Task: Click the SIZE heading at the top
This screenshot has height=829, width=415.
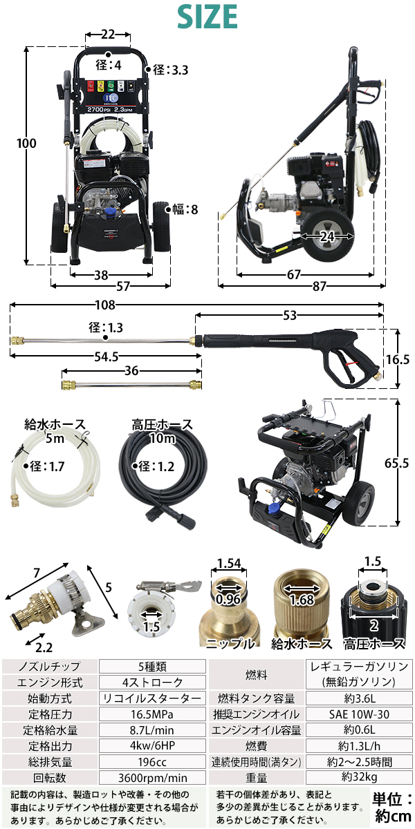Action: click(207, 17)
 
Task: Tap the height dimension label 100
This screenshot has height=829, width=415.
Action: click(26, 144)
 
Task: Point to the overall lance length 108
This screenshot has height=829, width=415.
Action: click(105, 305)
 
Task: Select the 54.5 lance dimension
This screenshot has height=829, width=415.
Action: click(107, 356)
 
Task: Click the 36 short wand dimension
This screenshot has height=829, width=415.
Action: click(131, 371)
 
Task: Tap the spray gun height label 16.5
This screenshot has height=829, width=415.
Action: click(398, 359)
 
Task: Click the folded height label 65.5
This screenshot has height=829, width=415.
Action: click(396, 463)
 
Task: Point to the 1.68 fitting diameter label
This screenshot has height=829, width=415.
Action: click(302, 600)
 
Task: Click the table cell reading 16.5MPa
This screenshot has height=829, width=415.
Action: click(152, 714)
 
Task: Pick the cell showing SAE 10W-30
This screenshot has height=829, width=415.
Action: click(359, 714)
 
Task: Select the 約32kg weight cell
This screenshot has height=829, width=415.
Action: click(359, 778)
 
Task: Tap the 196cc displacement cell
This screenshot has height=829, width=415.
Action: click(152, 762)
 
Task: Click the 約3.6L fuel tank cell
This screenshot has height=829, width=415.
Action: click(359, 698)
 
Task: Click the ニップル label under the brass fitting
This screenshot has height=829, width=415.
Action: click(230, 644)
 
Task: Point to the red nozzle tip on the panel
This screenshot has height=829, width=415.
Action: click(91, 86)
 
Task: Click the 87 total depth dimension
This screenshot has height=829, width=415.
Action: click(319, 286)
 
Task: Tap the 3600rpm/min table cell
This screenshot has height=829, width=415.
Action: click(152, 778)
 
